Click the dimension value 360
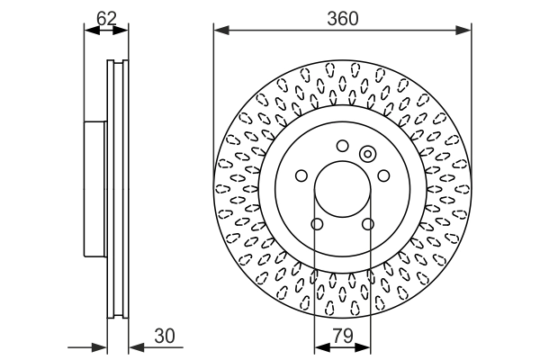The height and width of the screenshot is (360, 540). [342, 17]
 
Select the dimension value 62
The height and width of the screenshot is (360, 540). [105, 17]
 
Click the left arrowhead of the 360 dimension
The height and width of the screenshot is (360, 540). [219, 30]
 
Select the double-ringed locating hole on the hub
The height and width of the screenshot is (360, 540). [367, 154]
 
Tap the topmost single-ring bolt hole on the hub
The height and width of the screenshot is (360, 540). [342, 146]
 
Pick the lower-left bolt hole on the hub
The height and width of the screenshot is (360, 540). [316, 224]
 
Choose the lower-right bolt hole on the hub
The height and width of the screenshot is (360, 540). [367, 224]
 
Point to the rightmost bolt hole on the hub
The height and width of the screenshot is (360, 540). [383, 175]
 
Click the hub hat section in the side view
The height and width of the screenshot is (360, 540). [94, 189]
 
